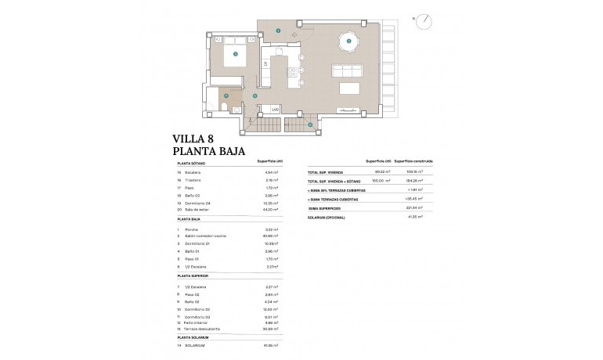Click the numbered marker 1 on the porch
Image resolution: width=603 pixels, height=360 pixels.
[x=279, y=31]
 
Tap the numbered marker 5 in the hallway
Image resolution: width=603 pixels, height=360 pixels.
[x=255, y=95]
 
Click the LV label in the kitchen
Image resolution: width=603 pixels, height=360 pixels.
[x=265, y=63]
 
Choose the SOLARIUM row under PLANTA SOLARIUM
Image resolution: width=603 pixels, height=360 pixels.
[x=195, y=344]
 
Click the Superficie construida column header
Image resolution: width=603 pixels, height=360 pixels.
[x=413, y=161]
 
